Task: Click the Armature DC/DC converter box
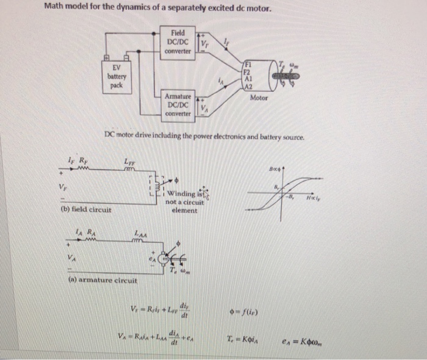[x=179, y=104]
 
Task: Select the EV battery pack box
[x=117, y=76]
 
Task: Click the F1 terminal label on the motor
[x=248, y=63]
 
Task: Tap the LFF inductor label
[x=129, y=162]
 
